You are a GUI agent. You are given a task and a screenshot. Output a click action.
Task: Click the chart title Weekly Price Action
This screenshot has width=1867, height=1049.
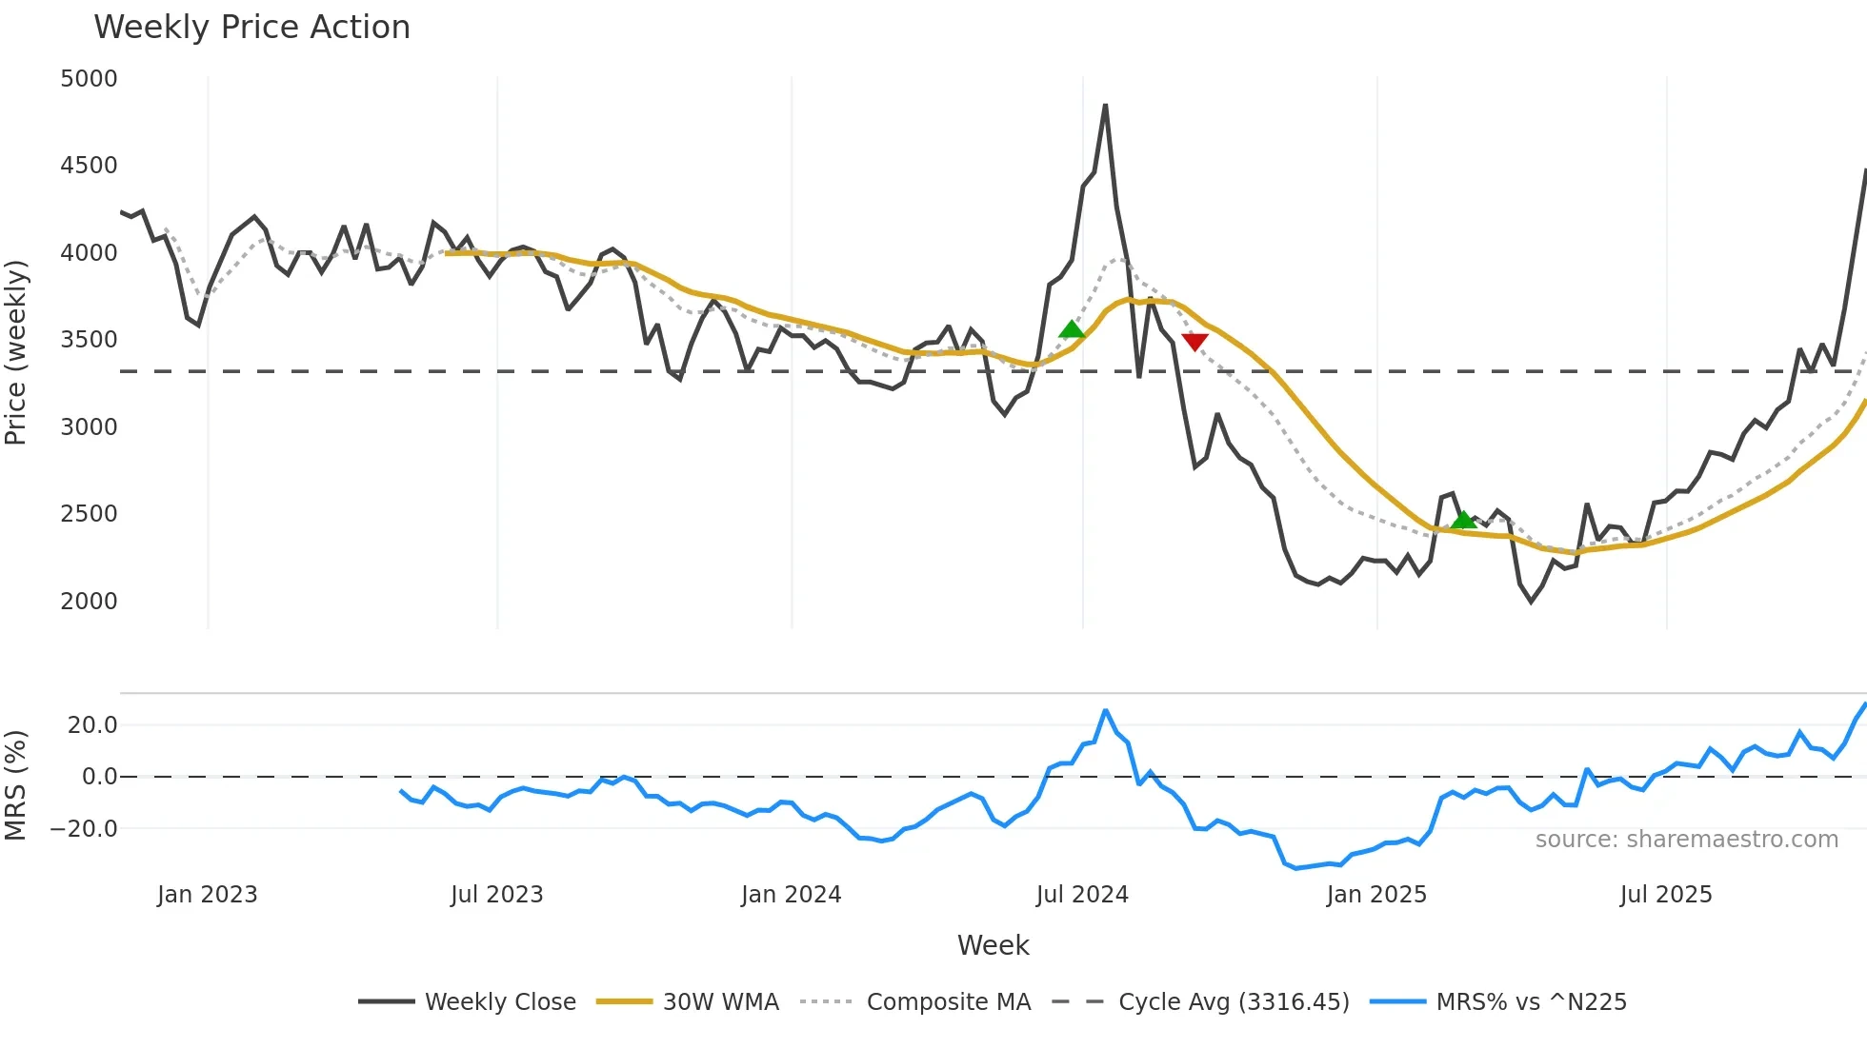tap(251, 28)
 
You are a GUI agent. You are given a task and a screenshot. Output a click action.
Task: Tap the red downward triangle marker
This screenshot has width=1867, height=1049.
tap(1194, 342)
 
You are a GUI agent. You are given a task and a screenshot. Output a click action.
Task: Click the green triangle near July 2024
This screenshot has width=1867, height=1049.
tap(1072, 329)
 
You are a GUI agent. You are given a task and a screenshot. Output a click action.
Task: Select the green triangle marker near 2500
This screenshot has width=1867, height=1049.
tap(1464, 520)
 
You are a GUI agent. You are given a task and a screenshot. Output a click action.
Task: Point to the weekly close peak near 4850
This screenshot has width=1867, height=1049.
tap(1105, 106)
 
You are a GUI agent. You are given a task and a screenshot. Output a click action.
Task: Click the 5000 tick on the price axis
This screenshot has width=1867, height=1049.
tap(89, 79)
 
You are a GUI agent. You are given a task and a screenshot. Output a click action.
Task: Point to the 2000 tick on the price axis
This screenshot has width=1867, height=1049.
tap(89, 602)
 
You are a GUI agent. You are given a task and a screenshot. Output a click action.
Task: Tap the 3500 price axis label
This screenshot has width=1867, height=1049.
tap(89, 340)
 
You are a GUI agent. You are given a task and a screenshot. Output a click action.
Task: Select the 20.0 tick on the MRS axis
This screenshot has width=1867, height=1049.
tap(92, 725)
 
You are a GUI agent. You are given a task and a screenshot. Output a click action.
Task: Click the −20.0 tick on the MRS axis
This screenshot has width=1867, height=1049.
tap(84, 829)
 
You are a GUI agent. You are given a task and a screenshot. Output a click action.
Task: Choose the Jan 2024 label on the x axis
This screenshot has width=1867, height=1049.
tap(791, 895)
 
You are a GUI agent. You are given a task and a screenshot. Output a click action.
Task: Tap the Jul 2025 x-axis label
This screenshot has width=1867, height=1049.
tap(1666, 895)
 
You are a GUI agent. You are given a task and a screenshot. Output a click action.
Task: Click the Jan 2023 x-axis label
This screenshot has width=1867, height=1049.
tap(207, 895)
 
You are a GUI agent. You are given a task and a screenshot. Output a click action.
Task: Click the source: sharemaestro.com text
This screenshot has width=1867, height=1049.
tap(1686, 840)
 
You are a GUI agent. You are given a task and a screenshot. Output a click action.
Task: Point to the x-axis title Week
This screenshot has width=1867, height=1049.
tap(993, 945)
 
